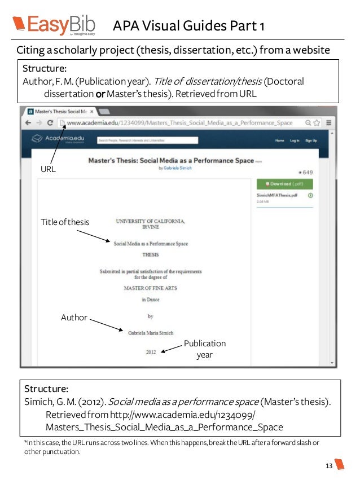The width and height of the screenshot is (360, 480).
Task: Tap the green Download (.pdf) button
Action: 284,184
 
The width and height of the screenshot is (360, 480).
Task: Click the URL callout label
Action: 49,169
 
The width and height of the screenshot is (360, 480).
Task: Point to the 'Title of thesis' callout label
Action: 65,222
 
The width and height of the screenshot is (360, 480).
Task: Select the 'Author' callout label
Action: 74,318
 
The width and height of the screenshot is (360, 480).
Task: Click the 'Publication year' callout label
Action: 204,349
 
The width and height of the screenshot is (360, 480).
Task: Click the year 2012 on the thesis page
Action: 151,351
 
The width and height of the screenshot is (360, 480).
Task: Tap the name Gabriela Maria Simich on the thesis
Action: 151,333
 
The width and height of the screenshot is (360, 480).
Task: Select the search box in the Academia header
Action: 148,140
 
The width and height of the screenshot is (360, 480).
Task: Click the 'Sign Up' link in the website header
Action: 311,140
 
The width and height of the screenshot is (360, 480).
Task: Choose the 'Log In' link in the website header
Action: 295,140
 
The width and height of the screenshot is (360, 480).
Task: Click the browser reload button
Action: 50,122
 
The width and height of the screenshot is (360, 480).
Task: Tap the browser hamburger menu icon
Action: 329,122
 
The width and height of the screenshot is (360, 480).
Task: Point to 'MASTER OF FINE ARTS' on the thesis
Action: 151,288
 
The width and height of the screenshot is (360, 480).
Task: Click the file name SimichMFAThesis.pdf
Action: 277,195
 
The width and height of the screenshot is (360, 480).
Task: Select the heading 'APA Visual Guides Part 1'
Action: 188,26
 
